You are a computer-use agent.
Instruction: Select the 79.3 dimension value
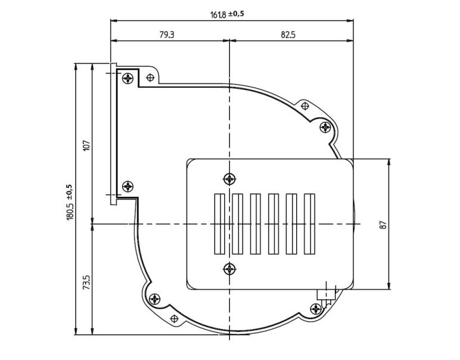pyautogui.click(x=167, y=35)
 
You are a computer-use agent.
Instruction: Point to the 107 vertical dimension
pyautogui.click(x=86, y=144)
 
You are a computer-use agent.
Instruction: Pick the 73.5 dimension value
pyautogui.click(x=86, y=281)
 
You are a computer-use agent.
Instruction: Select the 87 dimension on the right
pyautogui.click(x=383, y=224)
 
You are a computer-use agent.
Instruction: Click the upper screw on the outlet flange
pyautogui.click(x=128, y=78)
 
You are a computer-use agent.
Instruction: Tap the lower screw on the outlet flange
pyautogui.click(x=128, y=187)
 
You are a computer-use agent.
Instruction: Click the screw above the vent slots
pyautogui.click(x=229, y=178)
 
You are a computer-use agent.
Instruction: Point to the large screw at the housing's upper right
pyautogui.click(x=325, y=127)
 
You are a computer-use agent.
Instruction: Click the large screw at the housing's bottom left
pyautogui.click(x=155, y=299)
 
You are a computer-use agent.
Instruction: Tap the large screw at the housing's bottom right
pyautogui.click(x=316, y=308)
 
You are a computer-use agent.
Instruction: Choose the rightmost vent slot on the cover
pyautogui.click(x=309, y=223)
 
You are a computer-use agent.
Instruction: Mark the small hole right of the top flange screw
pyautogui.click(x=151, y=77)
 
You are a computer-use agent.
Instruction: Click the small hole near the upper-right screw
pyautogui.click(x=305, y=106)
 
